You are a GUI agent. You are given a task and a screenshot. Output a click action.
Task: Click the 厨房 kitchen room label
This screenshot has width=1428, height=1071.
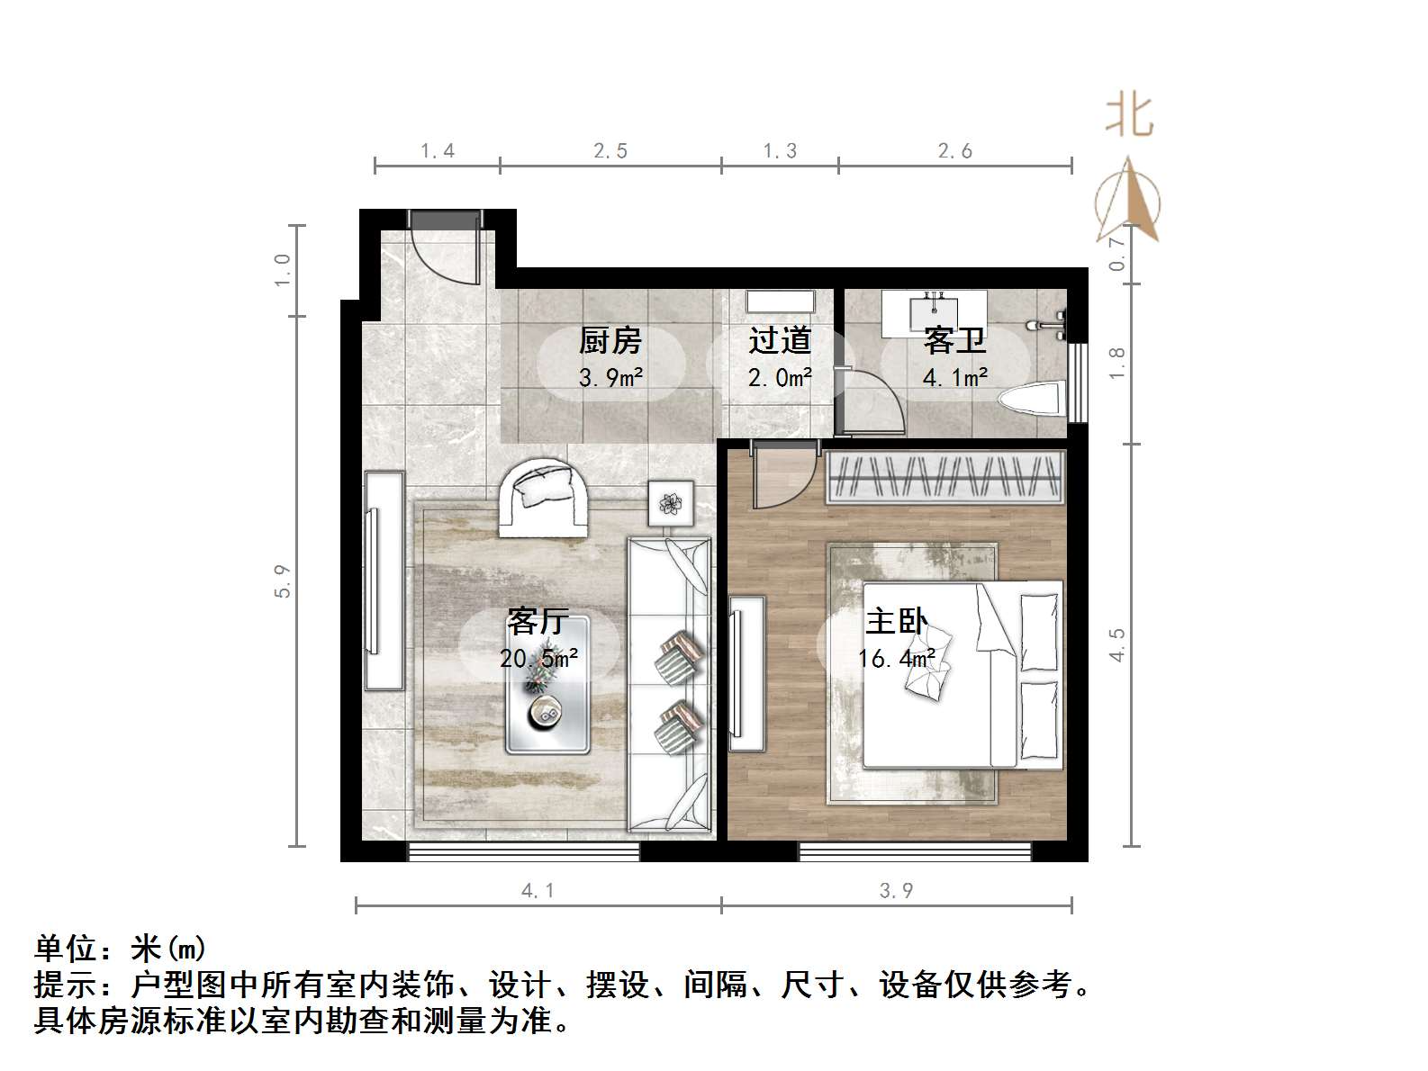[610, 341]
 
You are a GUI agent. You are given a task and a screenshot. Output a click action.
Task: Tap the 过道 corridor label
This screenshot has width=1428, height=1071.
[780, 341]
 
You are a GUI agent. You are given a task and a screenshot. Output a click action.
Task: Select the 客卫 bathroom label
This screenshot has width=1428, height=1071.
[954, 341]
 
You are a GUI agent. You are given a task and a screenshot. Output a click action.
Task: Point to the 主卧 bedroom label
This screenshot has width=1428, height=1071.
[896, 622]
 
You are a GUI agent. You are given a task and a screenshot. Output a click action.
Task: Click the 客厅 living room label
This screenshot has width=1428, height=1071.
[538, 622]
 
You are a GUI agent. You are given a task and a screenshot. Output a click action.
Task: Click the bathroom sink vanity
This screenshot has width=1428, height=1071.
[934, 310]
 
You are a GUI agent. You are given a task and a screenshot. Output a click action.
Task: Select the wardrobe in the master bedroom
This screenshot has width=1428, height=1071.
[944, 475]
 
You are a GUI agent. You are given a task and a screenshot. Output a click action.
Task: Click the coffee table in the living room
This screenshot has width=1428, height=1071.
[547, 685]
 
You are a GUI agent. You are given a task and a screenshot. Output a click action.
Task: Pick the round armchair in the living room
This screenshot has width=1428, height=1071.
[544, 499]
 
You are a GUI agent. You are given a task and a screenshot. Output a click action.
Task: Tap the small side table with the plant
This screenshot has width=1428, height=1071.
[672, 503]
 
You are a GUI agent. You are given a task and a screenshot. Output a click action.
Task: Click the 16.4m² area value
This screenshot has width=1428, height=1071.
[896, 659]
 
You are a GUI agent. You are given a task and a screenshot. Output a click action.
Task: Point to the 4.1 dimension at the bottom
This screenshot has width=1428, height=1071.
[538, 891]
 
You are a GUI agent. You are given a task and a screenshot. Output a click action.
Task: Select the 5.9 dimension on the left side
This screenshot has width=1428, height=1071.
[283, 580]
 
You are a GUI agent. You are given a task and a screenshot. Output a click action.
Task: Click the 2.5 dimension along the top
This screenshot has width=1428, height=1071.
[610, 151]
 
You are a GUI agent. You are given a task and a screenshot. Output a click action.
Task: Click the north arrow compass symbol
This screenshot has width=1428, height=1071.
[1128, 202]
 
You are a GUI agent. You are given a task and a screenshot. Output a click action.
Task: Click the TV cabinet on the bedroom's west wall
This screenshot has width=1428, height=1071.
[747, 672]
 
